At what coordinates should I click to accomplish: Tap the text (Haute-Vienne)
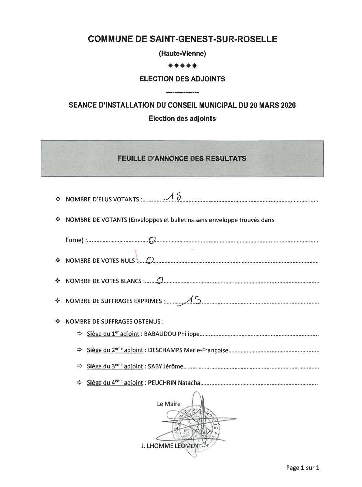click(x=182, y=53)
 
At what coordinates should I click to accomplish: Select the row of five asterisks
click(x=182, y=66)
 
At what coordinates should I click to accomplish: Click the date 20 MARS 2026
click(x=273, y=105)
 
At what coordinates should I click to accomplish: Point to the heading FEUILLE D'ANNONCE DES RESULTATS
click(x=182, y=158)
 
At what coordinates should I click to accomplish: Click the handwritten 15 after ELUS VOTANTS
click(x=174, y=198)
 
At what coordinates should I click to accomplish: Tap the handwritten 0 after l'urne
click(x=153, y=240)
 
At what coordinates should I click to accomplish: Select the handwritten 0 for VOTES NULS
click(x=150, y=260)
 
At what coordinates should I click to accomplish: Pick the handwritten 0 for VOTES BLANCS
click(x=159, y=280)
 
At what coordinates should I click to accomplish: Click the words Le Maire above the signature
click(x=169, y=404)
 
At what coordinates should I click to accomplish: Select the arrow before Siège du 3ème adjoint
click(x=79, y=366)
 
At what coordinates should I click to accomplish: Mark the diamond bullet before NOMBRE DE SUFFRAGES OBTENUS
click(x=58, y=321)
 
